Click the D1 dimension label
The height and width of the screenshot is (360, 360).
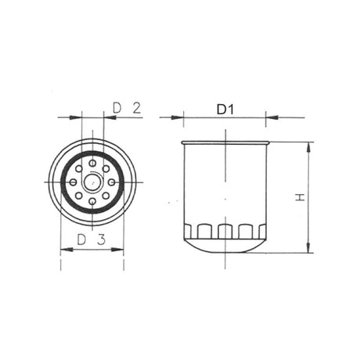225,110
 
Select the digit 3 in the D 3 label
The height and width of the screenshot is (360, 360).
102,239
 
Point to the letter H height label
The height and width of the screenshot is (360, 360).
298,197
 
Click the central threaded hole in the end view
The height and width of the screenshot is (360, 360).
92,182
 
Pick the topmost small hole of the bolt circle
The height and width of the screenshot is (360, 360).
92,163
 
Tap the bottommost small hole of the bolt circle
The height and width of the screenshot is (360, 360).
92,201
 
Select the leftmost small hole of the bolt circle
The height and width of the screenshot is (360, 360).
74,182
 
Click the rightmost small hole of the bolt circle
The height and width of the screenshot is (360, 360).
112,182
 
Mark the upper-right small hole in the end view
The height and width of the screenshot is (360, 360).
106,168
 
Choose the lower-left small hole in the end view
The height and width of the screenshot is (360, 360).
79,195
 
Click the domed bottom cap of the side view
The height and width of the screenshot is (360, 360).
225,246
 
